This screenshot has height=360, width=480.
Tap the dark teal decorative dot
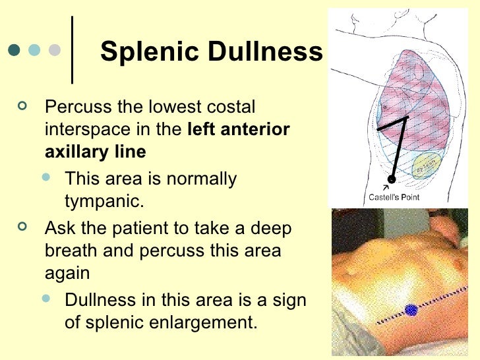click(15, 50)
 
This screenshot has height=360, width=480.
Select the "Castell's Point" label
click(394, 196)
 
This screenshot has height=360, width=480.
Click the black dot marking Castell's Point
click(392, 179)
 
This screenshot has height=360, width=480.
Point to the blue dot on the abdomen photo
click(411, 309)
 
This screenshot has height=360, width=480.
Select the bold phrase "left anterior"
click(239, 129)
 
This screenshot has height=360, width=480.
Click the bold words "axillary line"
click(95, 152)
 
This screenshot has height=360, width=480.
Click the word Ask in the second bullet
click(58, 229)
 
